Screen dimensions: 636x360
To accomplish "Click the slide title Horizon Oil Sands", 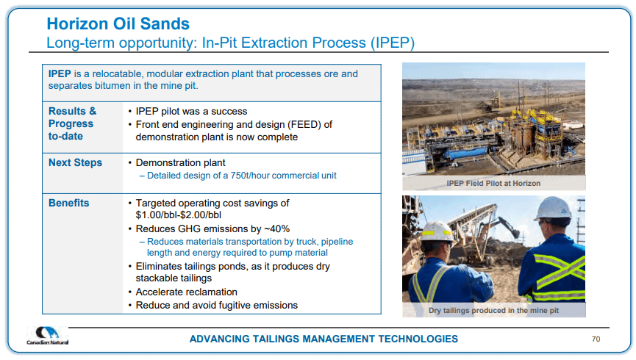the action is (x=118, y=24).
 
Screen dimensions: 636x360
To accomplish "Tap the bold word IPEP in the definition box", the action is (x=60, y=73).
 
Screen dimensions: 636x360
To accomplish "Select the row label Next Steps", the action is (x=76, y=162).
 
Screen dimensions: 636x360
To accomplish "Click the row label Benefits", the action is (x=69, y=203).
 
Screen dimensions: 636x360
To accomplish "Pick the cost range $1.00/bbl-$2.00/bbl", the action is (x=179, y=215).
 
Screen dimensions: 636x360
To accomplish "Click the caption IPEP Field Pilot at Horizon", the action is (x=493, y=183).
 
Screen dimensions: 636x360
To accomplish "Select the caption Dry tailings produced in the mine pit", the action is (x=493, y=311).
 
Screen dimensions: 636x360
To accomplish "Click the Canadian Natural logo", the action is (x=48, y=336).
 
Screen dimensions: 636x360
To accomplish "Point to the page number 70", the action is (x=596, y=339).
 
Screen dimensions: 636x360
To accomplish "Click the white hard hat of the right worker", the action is (x=554, y=209).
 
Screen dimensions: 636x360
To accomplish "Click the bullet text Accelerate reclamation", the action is (x=186, y=292).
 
